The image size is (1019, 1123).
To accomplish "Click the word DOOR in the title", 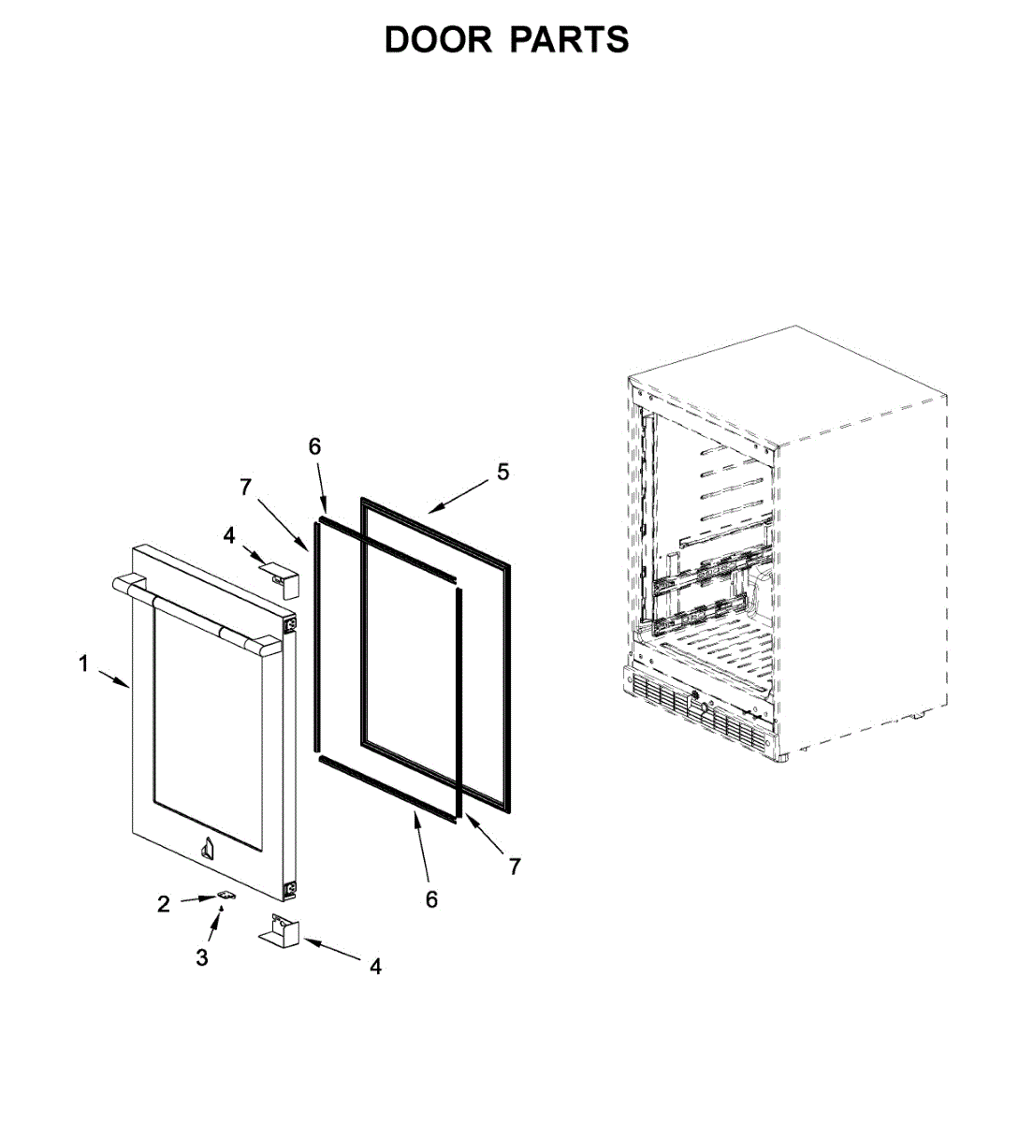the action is (x=438, y=40).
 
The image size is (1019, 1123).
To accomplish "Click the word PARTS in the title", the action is (x=569, y=40).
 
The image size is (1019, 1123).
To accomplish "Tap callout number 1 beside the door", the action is (x=83, y=664).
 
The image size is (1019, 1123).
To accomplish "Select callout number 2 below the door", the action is (x=164, y=904).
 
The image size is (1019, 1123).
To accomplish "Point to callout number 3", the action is (x=202, y=957).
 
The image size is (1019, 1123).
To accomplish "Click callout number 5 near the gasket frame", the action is (x=502, y=473).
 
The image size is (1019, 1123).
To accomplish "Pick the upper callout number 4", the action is (x=229, y=535).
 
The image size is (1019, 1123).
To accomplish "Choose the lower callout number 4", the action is (x=375, y=967).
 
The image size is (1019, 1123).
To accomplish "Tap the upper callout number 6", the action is (x=315, y=446).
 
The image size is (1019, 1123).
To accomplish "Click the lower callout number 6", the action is (x=431, y=899).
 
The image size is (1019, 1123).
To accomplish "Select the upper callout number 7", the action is (x=245, y=487).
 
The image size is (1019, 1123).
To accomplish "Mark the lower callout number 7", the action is (x=514, y=867).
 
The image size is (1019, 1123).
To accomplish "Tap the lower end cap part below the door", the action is (x=279, y=931).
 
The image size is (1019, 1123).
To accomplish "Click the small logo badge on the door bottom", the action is (x=207, y=848).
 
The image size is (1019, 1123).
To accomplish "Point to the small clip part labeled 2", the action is (x=225, y=896).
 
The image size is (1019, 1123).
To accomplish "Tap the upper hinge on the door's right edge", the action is (x=290, y=621).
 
